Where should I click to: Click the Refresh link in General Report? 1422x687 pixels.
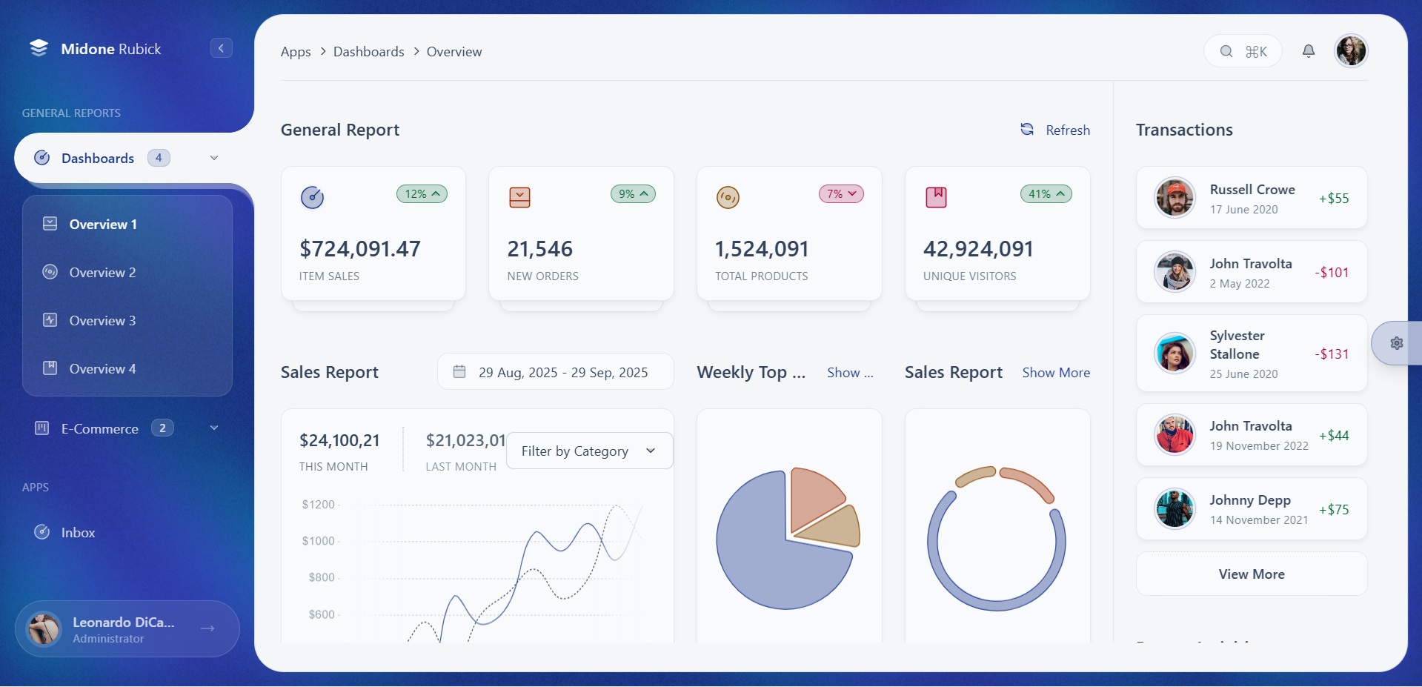click(1056, 130)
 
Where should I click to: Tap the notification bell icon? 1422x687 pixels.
click(1309, 51)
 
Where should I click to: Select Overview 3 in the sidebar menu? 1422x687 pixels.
click(102, 321)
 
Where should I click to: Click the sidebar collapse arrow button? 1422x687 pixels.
click(221, 48)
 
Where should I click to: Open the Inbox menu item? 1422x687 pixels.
click(78, 533)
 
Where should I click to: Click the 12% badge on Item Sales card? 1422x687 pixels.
click(422, 194)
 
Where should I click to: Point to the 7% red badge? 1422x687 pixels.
click(841, 194)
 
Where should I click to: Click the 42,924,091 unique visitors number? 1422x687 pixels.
click(977, 249)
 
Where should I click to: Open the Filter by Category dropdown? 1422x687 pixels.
click(589, 451)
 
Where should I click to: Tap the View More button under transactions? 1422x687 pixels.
click(1251, 574)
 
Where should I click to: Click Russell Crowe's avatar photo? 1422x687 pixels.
click(1175, 198)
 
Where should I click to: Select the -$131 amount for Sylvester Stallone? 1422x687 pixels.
click(1332, 354)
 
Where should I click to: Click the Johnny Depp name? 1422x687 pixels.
click(1249, 500)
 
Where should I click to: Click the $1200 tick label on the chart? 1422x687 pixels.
click(318, 505)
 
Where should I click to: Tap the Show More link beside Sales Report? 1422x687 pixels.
click(1055, 373)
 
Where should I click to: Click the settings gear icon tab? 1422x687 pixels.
click(1396, 343)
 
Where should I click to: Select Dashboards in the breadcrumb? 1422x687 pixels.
click(368, 52)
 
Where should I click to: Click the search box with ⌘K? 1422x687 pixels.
click(1243, 51)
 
